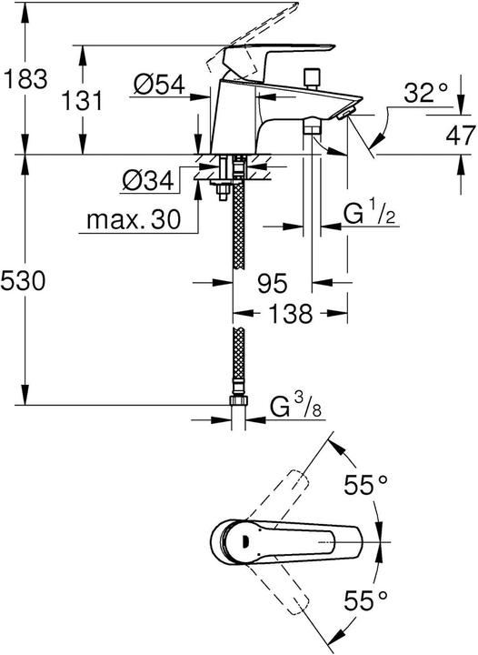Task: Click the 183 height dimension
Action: coord(25,79)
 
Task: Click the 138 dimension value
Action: coord(291,315)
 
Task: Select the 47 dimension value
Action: coord(459,136)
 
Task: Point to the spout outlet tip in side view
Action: coord(344,112)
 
